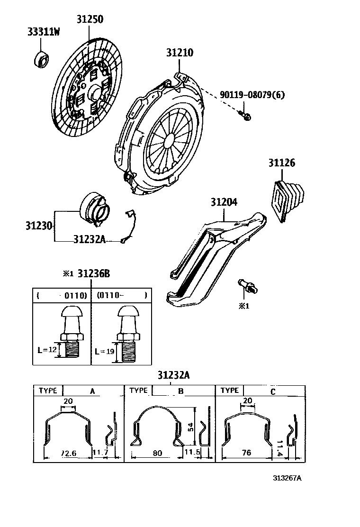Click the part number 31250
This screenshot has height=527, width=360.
[x=90, y=19]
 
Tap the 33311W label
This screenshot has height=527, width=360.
[x=44, y=32]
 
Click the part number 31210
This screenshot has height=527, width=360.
[x=179, y=53]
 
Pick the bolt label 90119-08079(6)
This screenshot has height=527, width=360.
[x=252, y=95]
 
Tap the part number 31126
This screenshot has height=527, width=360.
[x=281, y=164]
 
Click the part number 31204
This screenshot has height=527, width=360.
[x=224, y=202]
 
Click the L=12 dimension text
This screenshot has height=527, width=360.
[x=46, y=350]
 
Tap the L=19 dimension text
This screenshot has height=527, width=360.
[x=104, y=352]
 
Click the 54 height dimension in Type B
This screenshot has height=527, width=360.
[x=189, y=427]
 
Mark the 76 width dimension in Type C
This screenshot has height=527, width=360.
[x=246, y=453]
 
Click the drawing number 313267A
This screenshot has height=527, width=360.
[x=287, y=478]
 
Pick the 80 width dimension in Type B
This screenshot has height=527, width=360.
[x=157, y=453]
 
